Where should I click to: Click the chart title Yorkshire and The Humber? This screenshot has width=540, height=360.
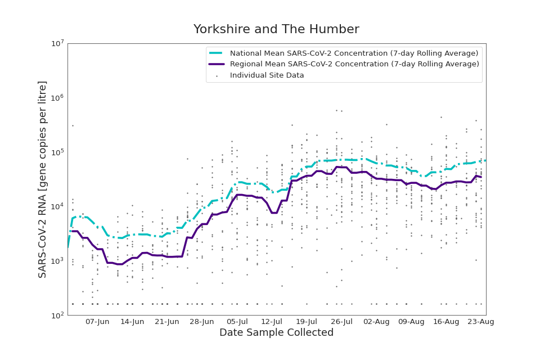click(276, 30)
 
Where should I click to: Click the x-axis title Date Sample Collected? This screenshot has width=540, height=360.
click(276, 332)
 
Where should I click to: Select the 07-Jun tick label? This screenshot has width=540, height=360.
click(97, 322)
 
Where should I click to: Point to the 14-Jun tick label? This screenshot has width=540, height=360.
click(132, 322)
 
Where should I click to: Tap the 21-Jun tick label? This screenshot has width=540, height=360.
click(167, 322)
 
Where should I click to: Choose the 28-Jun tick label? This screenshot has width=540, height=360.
click(202, 322)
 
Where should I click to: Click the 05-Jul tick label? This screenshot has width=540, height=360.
click(237, 322)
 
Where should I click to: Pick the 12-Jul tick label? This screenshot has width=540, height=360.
click(272, 322)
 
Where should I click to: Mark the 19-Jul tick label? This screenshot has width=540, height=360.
click(307, 322)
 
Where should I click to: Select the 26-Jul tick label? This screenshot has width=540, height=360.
click(341, 322)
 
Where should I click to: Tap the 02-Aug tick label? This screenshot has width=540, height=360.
click(376, 322)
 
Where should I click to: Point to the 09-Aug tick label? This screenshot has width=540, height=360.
click(411, 322)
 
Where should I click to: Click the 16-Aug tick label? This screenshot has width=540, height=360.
click(446, 322)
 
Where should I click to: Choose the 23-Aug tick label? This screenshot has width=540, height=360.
click(481, 322)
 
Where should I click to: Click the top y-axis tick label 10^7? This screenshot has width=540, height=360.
click(57, 43)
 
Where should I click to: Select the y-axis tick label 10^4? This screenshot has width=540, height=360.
click(57, 206)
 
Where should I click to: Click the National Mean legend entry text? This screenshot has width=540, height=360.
click(354, 53)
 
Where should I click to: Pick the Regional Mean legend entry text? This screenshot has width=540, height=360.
click(354, 64)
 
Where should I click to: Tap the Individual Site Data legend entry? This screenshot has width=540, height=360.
click(267, 75)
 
